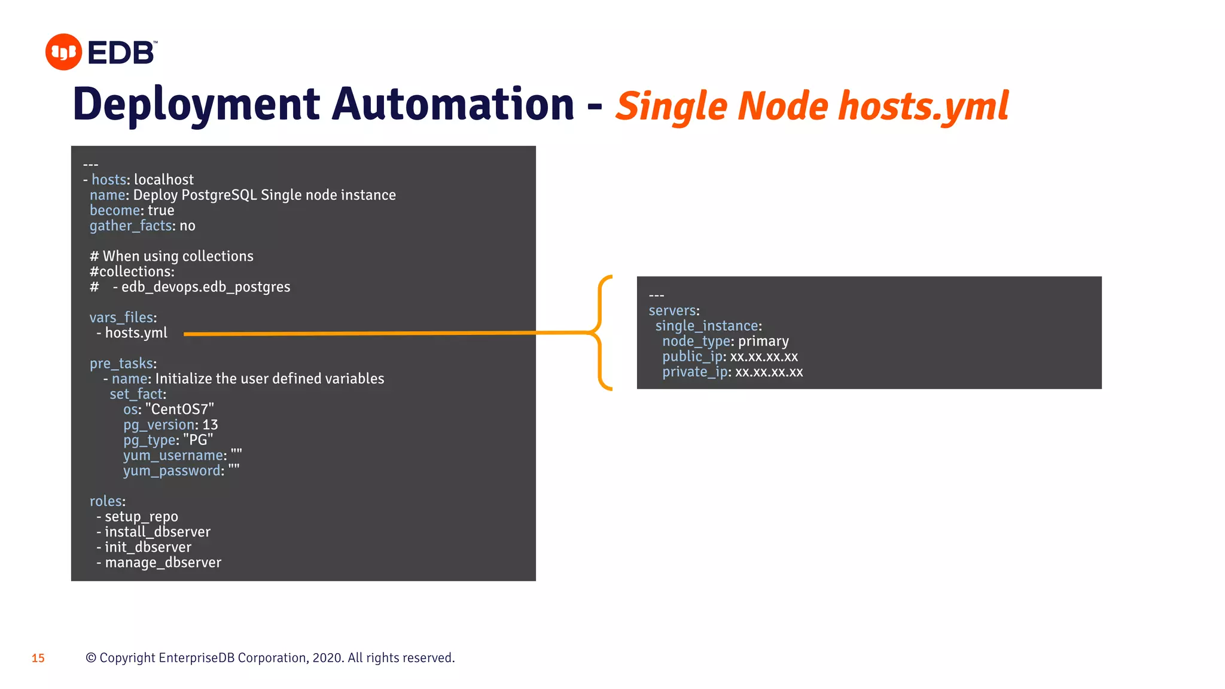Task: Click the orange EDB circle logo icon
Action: [x=63, y=52]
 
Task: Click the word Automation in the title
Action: [x=453, y=105]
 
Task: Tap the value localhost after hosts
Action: [x=163, y=179]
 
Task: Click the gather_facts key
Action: [x=130, y=225]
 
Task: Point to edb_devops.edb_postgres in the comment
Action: [x=206, y=287]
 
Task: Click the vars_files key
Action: [x=121, y=318]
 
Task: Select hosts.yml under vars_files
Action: [x=136, y=333]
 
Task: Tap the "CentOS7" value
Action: [x=179, y=409]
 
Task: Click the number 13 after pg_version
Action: [x=210, y=425]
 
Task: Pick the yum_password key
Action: [x=172, y=471]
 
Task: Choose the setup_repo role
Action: [x=141, y=517]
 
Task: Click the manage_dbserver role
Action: [x=163, y=563]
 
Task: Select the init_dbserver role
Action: [x=148, y=547]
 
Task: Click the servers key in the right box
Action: [x=672, y=310]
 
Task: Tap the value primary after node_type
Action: [x=763, y=341]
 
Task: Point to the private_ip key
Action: [x=694, y=372]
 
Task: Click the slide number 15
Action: [x=38, y=658]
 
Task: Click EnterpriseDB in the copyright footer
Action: [x=196, y=658]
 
